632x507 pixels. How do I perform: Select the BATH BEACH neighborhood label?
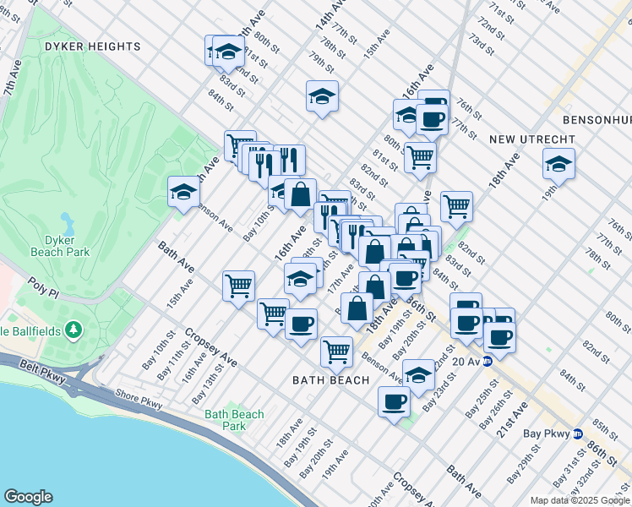[331, 380]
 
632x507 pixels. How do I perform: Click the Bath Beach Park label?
[234, 420]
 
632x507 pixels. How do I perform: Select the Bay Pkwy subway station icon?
[577, 433]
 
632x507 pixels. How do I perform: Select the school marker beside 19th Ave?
[558, 163]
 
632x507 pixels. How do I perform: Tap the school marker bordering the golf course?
[183, 191]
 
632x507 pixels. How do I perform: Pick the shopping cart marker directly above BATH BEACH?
[336, 351]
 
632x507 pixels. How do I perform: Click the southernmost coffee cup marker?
[394, 402]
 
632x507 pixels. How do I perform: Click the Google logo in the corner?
[28, 497]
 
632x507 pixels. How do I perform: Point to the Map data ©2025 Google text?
[580, 500]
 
